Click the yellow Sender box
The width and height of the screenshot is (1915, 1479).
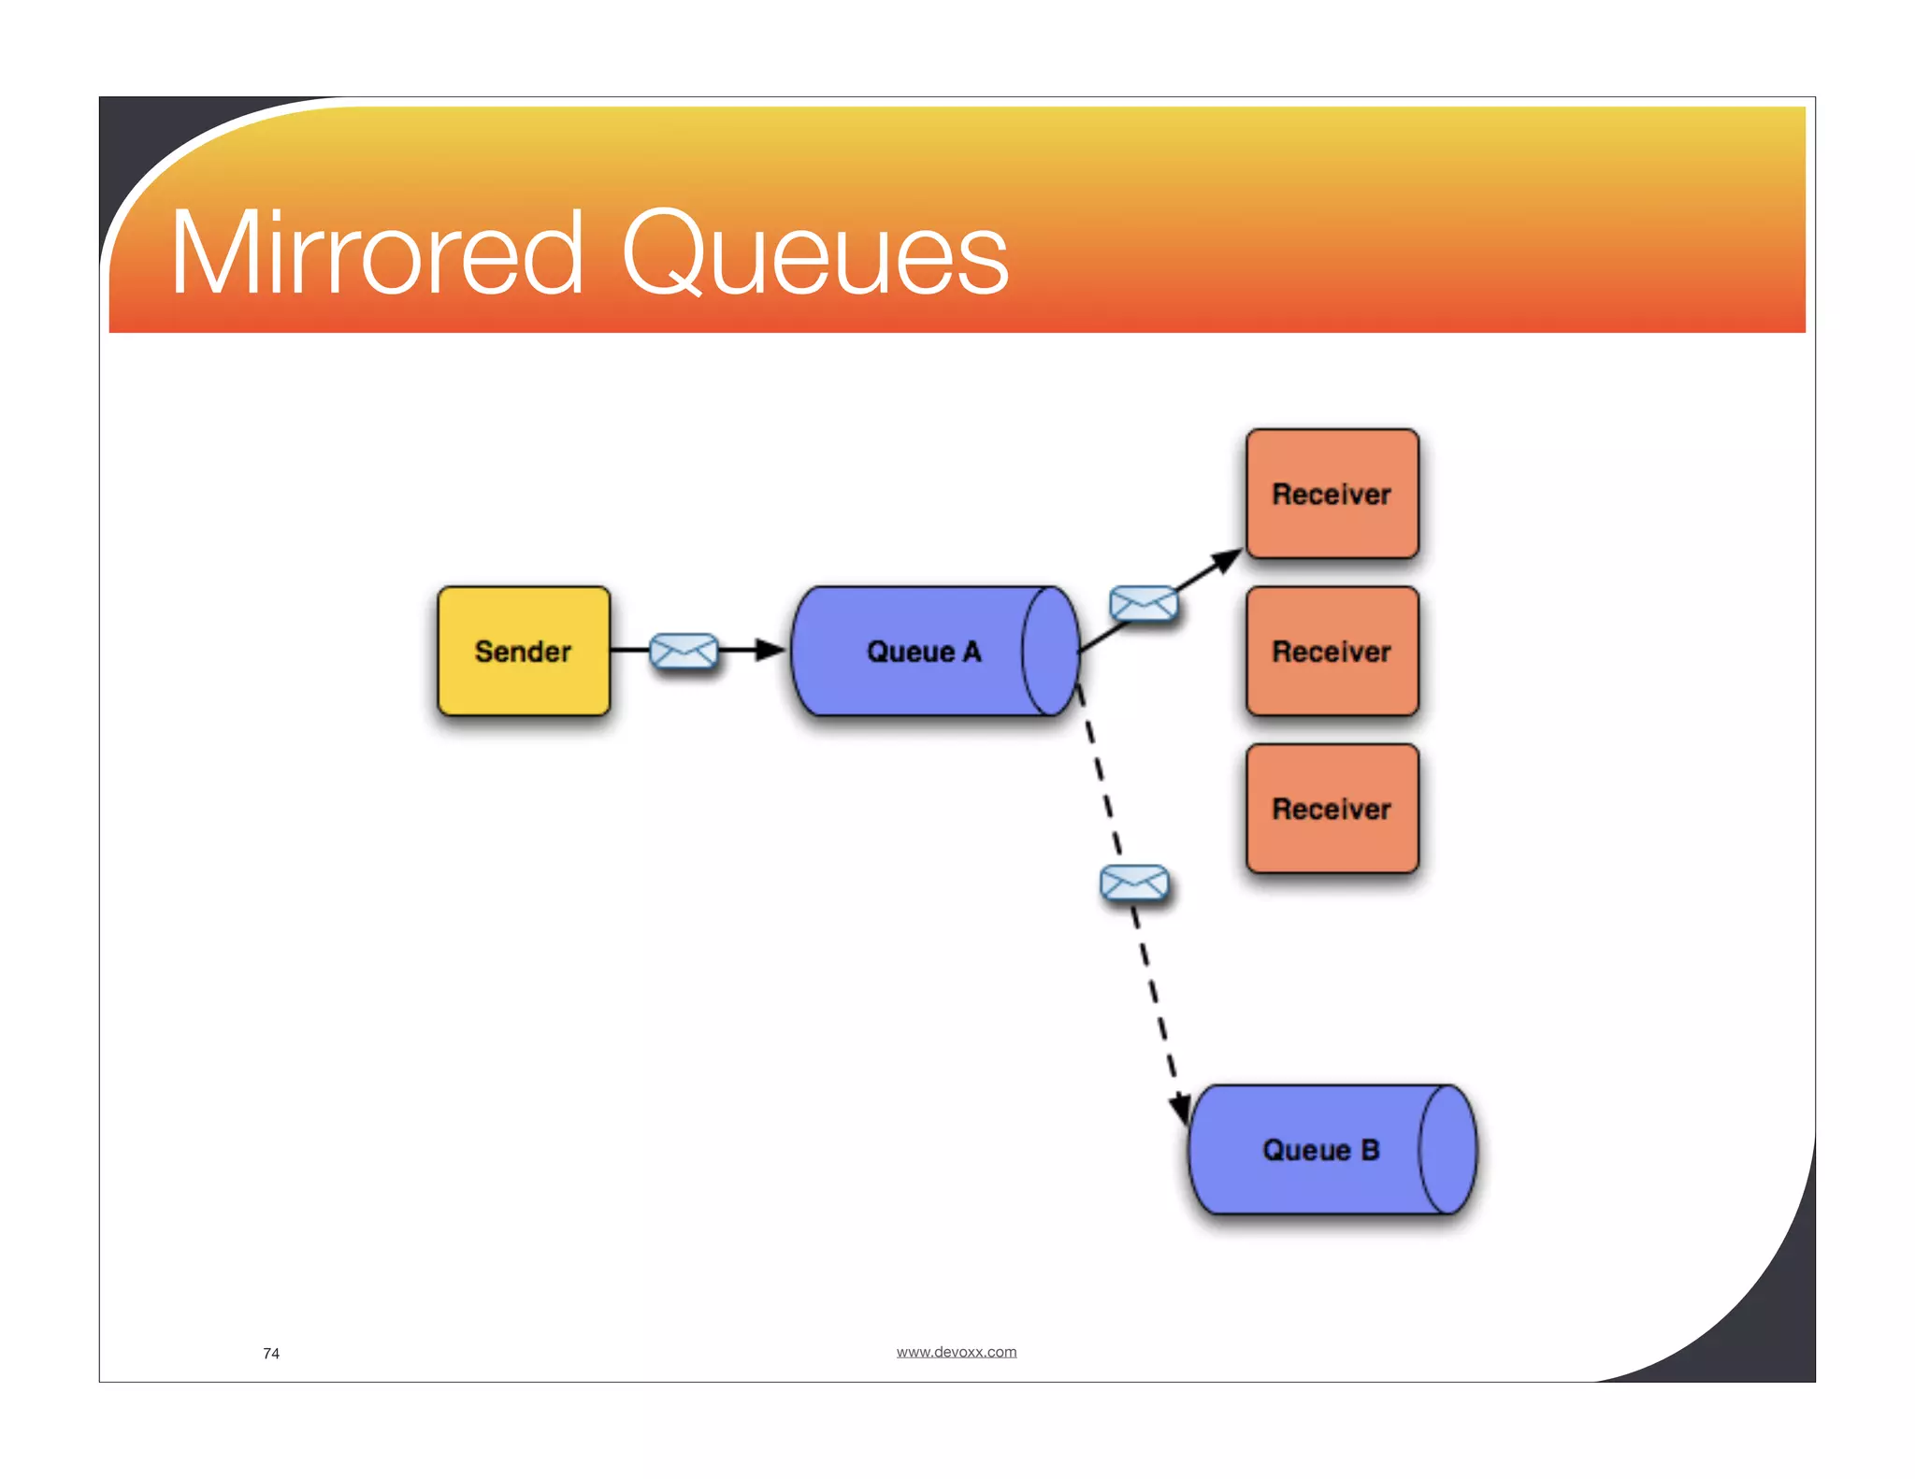tap(524, 652)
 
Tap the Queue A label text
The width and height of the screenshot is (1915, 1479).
tap(924, 652)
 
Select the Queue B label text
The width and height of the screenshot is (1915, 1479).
tap(1320, 1150)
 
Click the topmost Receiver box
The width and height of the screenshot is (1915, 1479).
tap(1332, 494)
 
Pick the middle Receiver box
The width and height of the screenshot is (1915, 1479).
tap(1332, 652)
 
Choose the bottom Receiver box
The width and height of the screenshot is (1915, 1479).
tap(1332, 809)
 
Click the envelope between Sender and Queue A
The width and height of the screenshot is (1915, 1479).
tap(684, 651)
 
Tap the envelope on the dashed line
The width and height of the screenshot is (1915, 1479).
tap(1134, 883)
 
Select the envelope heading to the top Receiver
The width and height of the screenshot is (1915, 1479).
tap(1143, 604)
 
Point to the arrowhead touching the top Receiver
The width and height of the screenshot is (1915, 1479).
tap(1226, 560)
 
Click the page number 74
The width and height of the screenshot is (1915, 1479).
tap(271, 1353)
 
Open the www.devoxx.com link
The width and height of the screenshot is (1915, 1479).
tap(956, 1352)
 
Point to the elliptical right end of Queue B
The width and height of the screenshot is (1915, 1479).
tap(1447, 1150)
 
